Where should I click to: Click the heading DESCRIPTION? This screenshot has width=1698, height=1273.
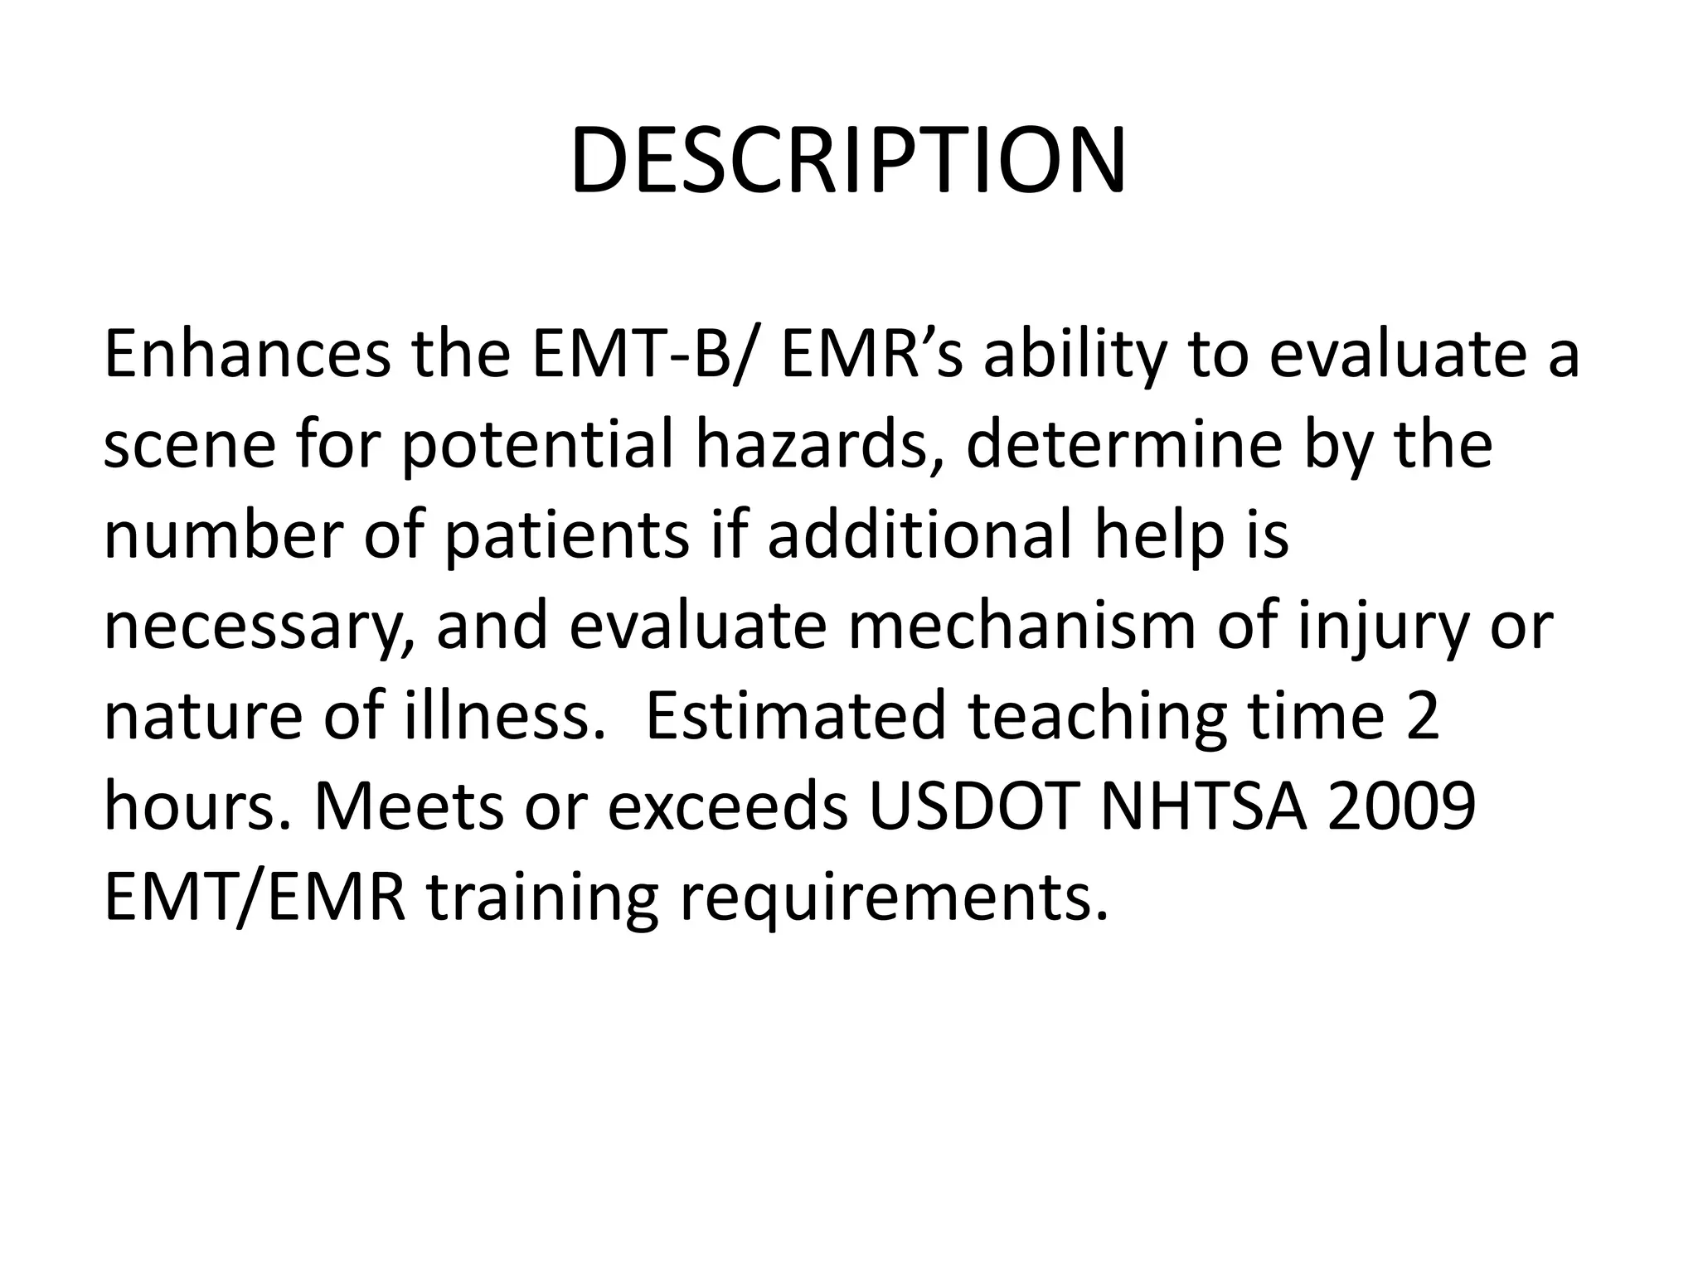click(847, 161)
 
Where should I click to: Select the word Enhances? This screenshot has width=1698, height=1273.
click(246, 355)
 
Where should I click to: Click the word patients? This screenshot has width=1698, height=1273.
click(566, 537)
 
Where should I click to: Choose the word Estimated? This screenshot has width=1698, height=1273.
click(795, 716)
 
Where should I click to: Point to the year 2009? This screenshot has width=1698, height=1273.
click(1400, 806)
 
